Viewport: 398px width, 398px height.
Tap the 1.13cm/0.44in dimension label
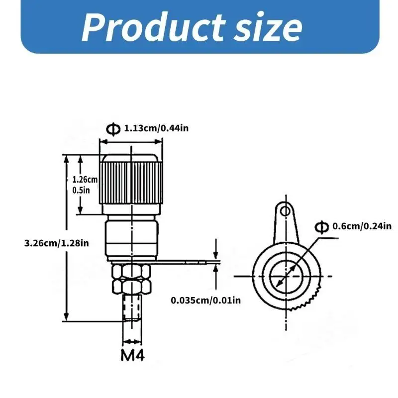tap(156, 129)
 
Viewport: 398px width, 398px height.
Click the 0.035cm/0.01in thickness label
tap(205, 300)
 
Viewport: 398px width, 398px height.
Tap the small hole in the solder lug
tap(285, 211)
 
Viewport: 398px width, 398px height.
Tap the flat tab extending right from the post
tap(189, 261)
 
